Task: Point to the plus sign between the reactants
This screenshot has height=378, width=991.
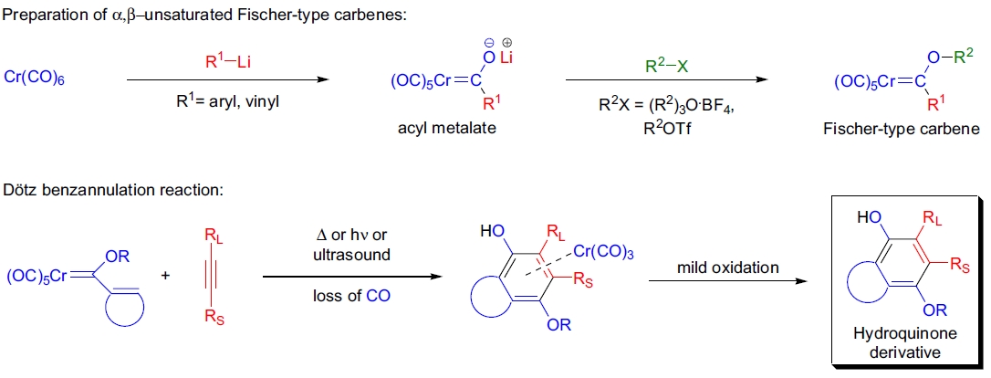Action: (x=164, y=274)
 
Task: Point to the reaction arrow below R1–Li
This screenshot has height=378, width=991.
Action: (x=226, y=80)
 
